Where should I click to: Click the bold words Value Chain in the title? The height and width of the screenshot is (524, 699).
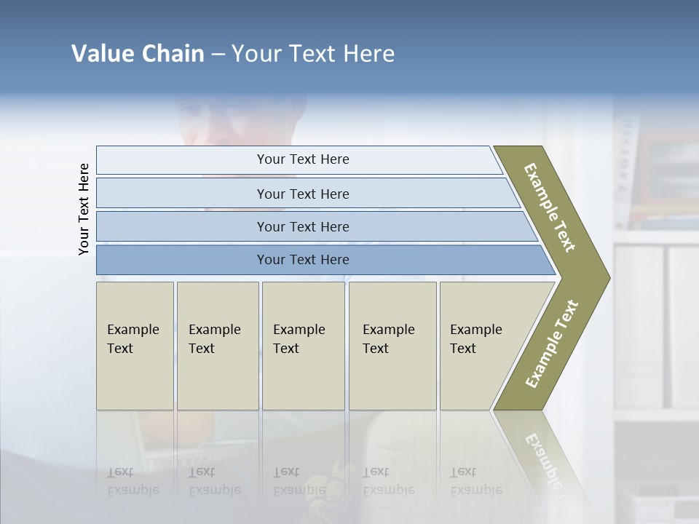coord(138,54)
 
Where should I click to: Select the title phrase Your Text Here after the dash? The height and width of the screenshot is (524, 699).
coord(313,54)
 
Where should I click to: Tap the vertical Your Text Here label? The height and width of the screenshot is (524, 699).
coord(84,209)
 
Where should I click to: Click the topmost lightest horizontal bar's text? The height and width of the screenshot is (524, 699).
coord(303,159)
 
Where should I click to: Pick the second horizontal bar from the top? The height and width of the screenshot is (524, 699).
coord(303,194)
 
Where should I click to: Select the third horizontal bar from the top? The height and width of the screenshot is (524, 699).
coord(303,227)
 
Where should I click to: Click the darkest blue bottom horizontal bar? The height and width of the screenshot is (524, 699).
coord(303,260)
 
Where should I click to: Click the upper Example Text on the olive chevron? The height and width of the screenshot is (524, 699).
coord(550,207)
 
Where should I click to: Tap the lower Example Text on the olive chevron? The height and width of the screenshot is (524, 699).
coord(552,344)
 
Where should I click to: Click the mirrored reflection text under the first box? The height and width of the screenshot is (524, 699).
coord(133,481)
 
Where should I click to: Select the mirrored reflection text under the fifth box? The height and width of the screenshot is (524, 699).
coord(477,481)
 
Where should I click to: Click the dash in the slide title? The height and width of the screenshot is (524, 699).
coord(218,55)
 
